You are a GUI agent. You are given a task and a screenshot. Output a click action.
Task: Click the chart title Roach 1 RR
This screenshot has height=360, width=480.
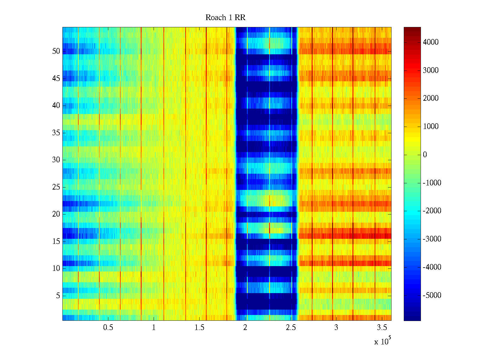pos(225,18)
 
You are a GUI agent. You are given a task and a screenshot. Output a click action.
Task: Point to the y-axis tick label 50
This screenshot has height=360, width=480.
pos(56,51)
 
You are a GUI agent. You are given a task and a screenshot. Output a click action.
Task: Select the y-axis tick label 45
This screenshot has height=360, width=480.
pos(56,79)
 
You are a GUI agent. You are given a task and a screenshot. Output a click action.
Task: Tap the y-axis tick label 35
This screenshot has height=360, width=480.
pos(56,133)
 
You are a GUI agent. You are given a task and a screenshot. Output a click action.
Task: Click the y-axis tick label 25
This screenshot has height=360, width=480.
pos(56,187)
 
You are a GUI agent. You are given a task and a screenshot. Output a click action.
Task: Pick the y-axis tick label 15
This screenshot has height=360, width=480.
pos(56,241)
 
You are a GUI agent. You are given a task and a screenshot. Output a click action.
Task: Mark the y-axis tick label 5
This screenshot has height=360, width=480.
pos(58,296)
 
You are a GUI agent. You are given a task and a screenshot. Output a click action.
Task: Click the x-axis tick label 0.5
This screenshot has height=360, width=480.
pos(108,328)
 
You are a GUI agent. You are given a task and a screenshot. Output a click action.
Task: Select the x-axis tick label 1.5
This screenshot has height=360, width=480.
pos(199,328)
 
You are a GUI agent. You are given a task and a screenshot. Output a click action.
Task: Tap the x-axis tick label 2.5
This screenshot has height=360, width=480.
pos(291,328)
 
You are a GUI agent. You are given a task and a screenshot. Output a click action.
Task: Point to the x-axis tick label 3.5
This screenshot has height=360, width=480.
pos(382,328)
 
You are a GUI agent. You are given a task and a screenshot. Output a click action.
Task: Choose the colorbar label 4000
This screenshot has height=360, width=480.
pos(431,42)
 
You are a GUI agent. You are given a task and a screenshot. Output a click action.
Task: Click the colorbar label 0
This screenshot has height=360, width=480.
pos(425,155)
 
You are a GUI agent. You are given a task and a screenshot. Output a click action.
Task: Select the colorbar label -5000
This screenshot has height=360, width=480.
pos(432,295)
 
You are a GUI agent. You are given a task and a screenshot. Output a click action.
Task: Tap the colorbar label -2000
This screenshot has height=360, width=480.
pos(432,211)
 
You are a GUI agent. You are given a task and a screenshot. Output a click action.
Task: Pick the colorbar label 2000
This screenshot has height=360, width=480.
pos(431,98)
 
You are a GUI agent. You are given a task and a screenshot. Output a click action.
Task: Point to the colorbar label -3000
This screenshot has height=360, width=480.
pos(432,239)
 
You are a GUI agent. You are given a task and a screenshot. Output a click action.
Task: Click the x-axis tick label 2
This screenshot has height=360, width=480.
pos(245,328)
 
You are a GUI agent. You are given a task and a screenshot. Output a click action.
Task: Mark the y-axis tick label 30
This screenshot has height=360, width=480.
pos(56,160)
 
